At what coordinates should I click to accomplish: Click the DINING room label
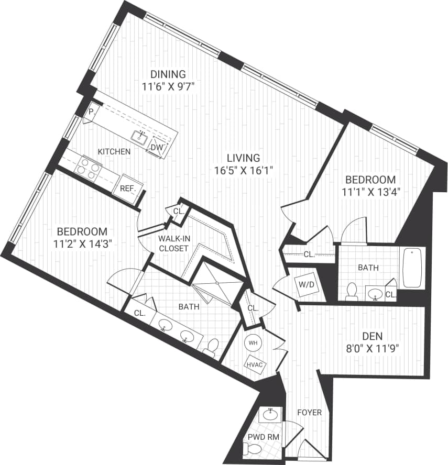pos(168,74)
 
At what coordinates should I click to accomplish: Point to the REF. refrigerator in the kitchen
pos(128,188)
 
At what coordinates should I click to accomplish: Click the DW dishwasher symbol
pos(157,147)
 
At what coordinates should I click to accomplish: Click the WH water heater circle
pos(253,343)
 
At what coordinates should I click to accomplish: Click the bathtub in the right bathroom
pos(413,268)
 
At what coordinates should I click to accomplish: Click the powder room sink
pos(270,415)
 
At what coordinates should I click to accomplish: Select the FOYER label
pos(309,413)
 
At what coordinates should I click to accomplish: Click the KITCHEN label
pos(114,152)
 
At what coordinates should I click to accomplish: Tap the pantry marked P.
pos(91,112)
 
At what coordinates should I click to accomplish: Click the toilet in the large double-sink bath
pos(212,348)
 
